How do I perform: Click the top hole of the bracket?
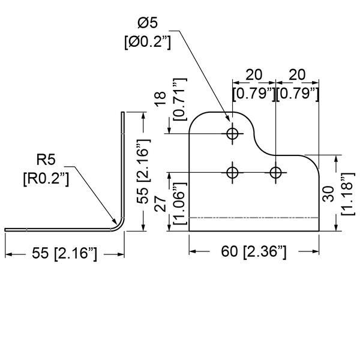point(233,133)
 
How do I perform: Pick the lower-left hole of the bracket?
point(233,173)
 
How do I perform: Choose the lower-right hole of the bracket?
point(275,173)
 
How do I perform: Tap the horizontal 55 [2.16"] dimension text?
point(64,254)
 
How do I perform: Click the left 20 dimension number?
point(254,74)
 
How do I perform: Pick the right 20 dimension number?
point(296,74)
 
